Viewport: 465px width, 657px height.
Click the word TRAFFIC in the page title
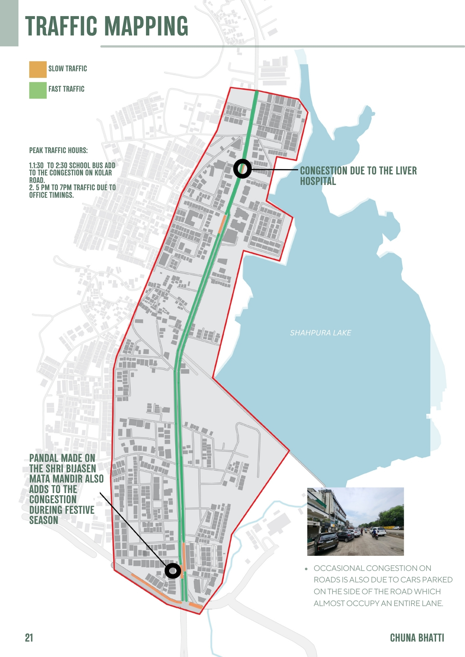point(61,26)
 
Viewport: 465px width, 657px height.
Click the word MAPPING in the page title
point(146,26)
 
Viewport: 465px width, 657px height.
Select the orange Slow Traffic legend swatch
point(38,69)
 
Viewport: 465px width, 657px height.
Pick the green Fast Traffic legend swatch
point(38,90)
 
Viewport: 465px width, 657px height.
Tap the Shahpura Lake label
point(320,333)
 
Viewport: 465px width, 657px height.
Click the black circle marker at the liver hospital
point(242,169)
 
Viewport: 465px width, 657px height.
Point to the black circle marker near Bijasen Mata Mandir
point(173,571)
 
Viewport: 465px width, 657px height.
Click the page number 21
point(29,638)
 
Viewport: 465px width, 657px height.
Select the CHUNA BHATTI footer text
point(417,638)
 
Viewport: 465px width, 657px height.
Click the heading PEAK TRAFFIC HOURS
point(58,150)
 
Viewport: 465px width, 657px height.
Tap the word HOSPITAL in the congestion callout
point(318,181)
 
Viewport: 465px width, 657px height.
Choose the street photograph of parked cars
point(355,521)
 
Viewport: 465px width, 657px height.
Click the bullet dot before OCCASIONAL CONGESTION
point(306,569)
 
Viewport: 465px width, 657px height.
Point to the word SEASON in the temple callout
point(43,520)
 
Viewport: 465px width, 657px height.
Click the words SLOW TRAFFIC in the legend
point(67,69)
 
